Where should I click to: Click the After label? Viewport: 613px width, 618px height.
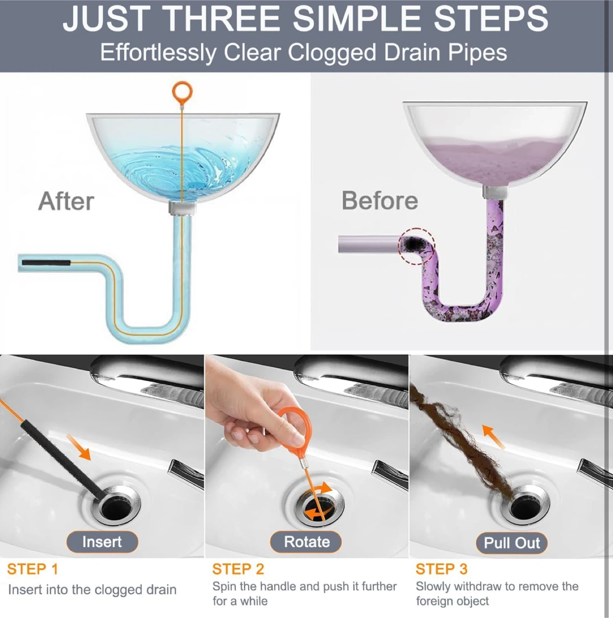(x=66, y=201)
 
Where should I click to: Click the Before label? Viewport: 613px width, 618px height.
(x=380, y=200)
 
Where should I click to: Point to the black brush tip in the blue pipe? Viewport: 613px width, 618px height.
(x=46, y=263)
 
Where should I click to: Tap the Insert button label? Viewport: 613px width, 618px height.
(x=102, y=542)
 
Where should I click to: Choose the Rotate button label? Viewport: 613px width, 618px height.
(x=307, y=542)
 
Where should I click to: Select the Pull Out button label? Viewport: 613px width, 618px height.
(x=512, y=542)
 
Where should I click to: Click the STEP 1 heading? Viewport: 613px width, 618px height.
(x=33, y=569)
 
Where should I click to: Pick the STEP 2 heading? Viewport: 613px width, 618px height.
(x=238, y=569)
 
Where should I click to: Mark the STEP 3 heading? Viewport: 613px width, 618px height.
(x=442, y=569)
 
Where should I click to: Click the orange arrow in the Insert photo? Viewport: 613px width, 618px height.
(x=79, y=447)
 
